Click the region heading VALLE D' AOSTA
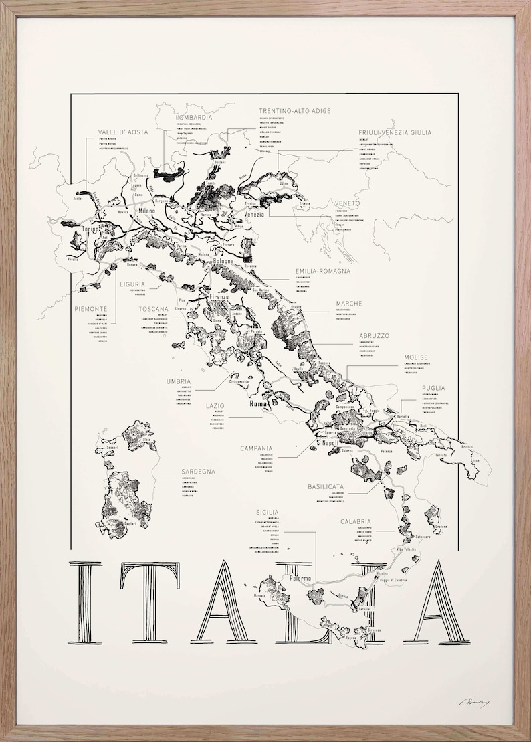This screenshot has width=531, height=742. [x=122, y=132]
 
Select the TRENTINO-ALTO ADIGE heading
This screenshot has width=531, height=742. [x=294, y=110]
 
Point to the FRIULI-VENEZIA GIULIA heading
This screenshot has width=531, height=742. [x=395, y=132]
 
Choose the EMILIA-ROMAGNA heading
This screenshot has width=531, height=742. [x=322, y=271]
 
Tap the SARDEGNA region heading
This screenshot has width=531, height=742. [x=198, y=471]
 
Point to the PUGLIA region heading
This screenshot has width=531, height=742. [x=433, y=387]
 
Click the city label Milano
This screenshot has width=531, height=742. [x=146, y=211]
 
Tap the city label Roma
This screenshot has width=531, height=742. [x=257, y=404]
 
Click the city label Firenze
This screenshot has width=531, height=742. [x=219, y=296]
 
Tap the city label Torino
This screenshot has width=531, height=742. [x=90, y=229]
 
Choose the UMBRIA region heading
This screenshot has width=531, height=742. [x=179, y=381]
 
